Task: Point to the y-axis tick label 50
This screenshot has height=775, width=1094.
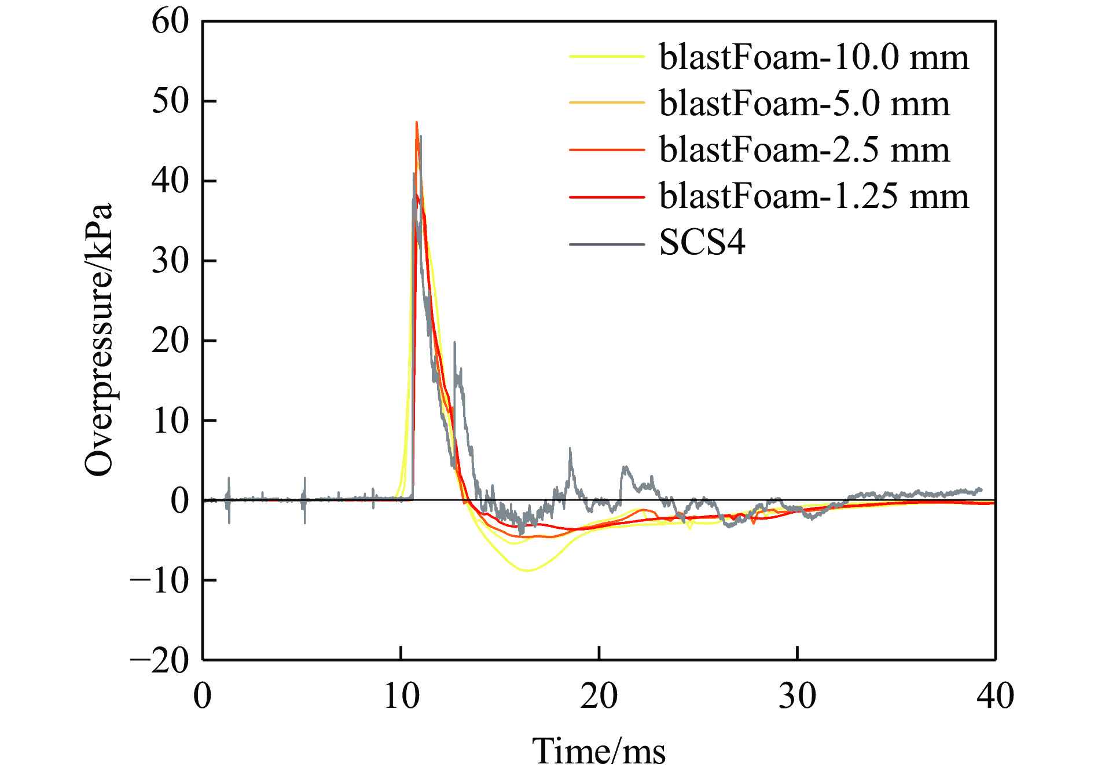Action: coord(170,101)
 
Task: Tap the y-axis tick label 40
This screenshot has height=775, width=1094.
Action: coord(170,181)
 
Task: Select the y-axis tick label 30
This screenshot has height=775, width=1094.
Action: coord(170,261)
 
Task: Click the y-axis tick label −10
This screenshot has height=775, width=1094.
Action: coord(160,580)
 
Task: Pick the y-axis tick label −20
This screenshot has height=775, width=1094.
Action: coord(160,660)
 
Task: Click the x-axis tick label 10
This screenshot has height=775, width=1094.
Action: coord(401,696)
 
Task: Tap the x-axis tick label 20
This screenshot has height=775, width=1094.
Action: coord(599,696)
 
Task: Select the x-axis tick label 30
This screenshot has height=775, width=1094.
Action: coord(797,696)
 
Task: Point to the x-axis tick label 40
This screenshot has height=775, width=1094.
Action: coord(995,696)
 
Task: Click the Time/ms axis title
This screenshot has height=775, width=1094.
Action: coord(599,751)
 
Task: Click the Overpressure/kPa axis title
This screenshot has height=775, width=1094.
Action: coord(98,340)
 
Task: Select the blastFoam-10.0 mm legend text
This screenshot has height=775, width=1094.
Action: coord(814,57)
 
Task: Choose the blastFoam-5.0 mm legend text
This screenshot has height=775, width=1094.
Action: coord(804,104)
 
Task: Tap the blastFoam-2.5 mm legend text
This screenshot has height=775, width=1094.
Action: coord(804,150)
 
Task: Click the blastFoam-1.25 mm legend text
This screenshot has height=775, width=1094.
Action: coord(814,196)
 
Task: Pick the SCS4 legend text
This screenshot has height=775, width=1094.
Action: coord(702,243)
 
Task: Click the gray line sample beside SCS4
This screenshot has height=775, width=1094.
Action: coord(607,244)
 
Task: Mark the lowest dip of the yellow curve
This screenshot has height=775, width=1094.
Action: coord(527,571)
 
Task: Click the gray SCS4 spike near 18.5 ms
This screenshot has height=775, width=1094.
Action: coord(570,449)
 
